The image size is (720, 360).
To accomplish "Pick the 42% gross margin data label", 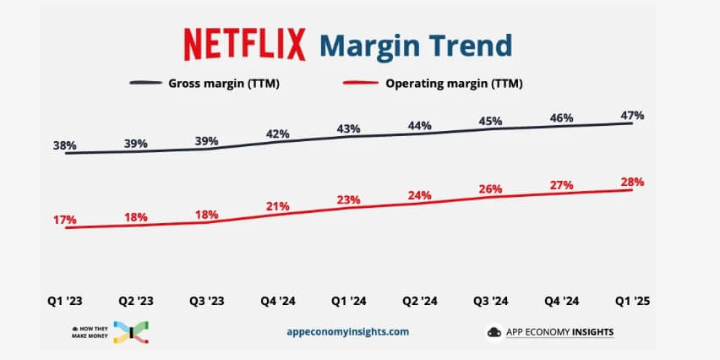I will click(x=278, y=134).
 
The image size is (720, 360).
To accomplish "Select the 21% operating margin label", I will click(x=278, y=206).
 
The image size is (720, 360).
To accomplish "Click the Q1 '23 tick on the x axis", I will click(x=65, y=299).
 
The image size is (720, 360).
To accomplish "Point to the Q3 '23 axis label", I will click(x=206, y=299).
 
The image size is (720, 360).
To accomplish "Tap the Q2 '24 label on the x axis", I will click(x=418, y=299).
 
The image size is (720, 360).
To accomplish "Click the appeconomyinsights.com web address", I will click(x=347, y=332).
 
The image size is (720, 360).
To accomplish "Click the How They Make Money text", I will click(x=94, y=332).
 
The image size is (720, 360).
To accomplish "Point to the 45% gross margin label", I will click(x=489, y=120).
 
